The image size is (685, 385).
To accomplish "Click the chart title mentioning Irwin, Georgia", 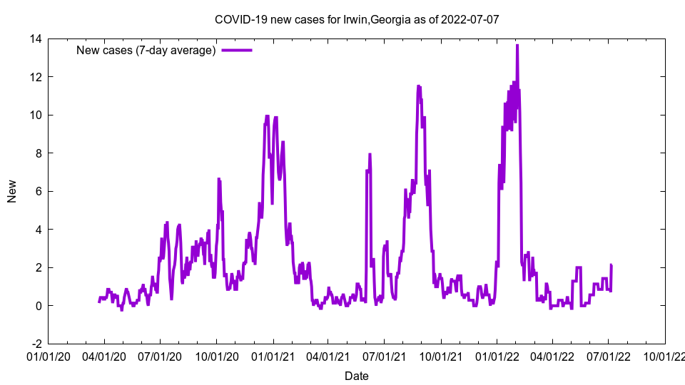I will tap(356, 19).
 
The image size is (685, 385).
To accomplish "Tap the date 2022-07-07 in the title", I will tap(470, 19).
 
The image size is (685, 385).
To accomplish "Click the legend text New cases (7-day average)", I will tap(146, 50).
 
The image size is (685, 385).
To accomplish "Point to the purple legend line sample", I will tap(237, 50).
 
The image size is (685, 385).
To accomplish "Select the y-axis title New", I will tap(12, 191).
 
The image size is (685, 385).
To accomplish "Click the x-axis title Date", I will tap(356, 376).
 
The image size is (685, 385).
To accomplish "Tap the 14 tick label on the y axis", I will tap(34, 38).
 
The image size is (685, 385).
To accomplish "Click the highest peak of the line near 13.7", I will tap(517, 45).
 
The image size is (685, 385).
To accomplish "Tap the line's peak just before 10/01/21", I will tap(419, 86).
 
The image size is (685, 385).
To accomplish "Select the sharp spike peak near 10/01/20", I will tap(218, 178).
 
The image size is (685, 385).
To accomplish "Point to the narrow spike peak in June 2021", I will tap(370, 154).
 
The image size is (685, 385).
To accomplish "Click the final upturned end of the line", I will tap(611, 265).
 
